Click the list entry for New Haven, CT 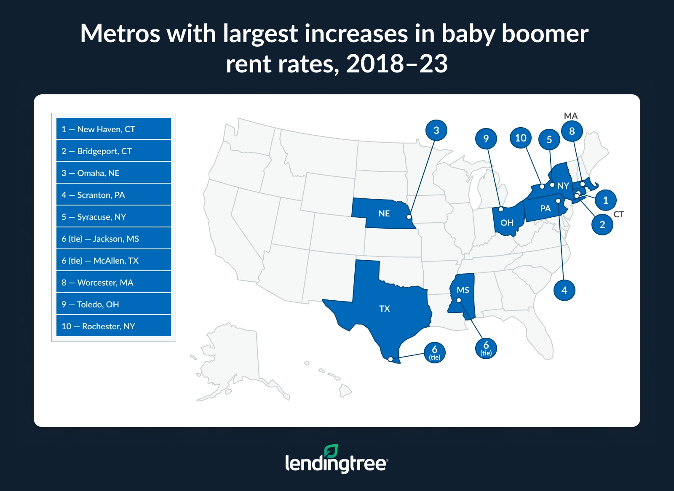point(113,129)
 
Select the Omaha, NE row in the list point(113,173)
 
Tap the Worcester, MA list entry point(113,282)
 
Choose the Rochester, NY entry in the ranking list point(113,326)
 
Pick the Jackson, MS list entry point(113,238)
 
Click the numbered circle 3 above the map point(436,131)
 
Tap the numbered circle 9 point(486,139)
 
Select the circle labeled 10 point(521,138)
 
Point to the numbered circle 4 point(564,290)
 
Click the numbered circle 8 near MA point(572,131)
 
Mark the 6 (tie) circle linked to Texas point(435,352)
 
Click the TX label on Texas point(385,309)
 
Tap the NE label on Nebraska point(384,213)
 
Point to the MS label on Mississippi point(463,290)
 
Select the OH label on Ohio point(507,223)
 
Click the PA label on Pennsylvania point(546,208)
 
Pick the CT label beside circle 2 point(618,214)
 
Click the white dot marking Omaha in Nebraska point(409,217)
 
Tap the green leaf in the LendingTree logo point(331,451)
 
